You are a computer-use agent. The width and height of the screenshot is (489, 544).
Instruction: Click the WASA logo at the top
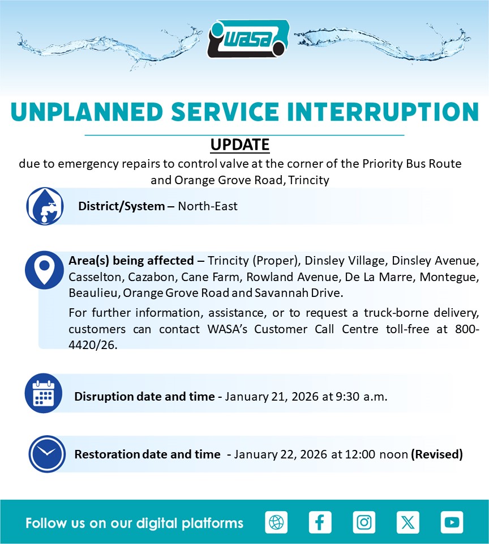[248, 39]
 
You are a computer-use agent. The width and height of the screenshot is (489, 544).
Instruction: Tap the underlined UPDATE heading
[240, 144]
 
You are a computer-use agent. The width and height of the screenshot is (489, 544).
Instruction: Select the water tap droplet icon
[45, 206]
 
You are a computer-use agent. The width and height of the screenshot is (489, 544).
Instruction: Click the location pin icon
[44, 270]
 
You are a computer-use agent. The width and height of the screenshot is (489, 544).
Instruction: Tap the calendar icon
[44, 393]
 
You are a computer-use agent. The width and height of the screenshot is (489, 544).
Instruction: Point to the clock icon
[47, 454]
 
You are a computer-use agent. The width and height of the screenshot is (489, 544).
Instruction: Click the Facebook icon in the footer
[320, 522]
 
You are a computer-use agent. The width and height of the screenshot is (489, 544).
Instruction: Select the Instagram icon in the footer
[364, 522]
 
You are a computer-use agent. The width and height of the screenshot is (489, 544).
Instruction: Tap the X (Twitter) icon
[407, 522]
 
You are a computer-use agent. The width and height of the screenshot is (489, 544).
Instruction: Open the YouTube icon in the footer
[452, 522]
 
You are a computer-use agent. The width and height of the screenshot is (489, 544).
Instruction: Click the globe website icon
[276, 522]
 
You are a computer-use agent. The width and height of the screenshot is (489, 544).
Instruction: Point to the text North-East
[208, 206]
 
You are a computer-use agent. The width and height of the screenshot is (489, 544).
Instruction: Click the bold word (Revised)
[437, 454]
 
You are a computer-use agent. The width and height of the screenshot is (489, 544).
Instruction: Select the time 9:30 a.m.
[361, 397]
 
